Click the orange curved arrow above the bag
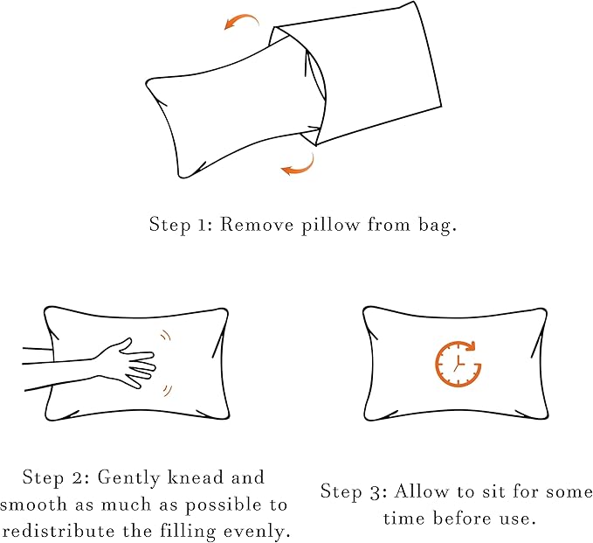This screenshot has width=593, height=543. click(242, 21)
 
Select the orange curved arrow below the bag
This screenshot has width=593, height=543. click(298, 164)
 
